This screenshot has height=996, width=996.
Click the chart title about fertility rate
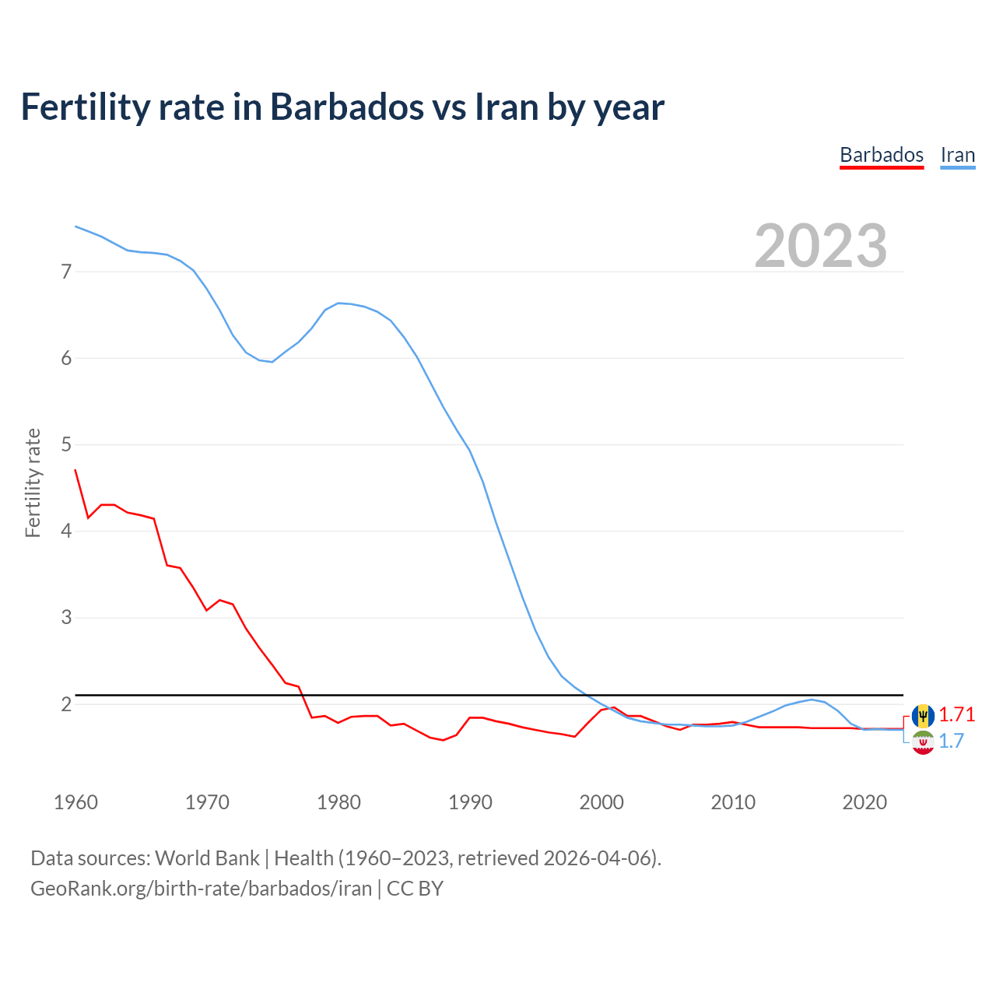pos(342,107)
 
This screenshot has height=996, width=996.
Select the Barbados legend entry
pos(882,155)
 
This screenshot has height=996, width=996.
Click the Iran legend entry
pos(957,155)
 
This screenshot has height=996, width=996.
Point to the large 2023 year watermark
pos(820,246)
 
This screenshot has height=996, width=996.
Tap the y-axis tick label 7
pos(66,272)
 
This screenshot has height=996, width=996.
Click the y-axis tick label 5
pos(66,444)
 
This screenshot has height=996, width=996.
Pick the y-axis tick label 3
pos(66,617)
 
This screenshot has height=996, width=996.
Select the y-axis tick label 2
pos(66,704)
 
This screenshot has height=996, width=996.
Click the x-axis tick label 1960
pos(75,802)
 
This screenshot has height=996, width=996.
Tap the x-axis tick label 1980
pos(338,802)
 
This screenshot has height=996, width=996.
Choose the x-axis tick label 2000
pos(601,802)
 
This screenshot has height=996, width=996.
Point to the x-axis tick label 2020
pos(864,802)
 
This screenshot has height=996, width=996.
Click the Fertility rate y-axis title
pos(33,482)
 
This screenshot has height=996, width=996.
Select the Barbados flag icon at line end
pos(923,715)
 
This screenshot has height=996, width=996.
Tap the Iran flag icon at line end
pos(923,742)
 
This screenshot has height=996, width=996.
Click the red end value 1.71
pos(956,714)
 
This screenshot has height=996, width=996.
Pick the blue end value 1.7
pos(951,742)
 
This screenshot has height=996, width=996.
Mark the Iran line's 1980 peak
pos(338,303)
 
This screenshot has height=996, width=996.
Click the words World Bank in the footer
pos(207,858)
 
